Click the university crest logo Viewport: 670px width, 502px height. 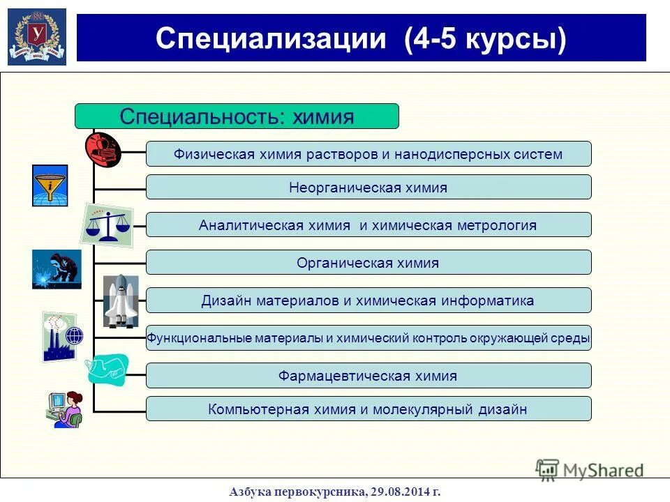[37, 37]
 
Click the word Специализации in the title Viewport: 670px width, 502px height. [270, 38]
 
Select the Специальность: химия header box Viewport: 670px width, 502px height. [237, 116]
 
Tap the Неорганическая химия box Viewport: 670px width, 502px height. [368, 188]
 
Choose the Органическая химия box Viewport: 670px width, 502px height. [368, 263]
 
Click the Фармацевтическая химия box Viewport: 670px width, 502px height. [368, 376]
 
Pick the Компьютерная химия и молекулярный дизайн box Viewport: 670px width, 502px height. [368, 409]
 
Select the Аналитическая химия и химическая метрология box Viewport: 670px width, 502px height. [368, 225]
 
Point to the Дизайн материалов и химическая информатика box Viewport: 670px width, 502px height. [368, 301]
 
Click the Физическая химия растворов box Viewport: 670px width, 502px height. [368, 154]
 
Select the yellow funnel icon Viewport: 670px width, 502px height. [50, 185]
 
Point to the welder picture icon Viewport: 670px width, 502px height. [57, 269]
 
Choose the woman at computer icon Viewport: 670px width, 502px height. [65, 410]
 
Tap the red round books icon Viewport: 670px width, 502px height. [103, 148]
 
